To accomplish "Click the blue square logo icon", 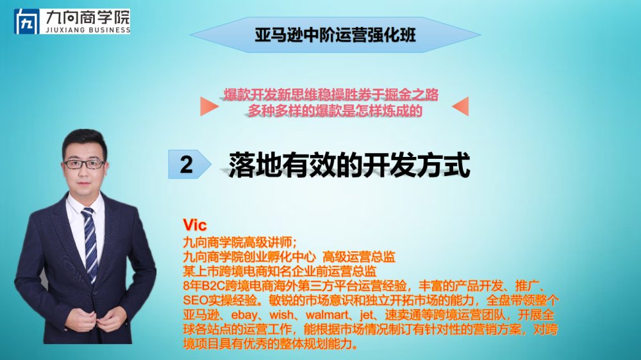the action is tap(27, 22).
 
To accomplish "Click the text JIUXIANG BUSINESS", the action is tap(88, 30).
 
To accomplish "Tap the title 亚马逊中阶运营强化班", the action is tap(335, 35).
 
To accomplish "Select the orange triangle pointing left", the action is tap(460, 106).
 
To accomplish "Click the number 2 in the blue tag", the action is tap(187, 164).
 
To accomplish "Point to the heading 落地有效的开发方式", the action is tap(349, 165).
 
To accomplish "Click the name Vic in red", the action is tap(195, 225).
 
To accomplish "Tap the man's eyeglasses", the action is tap(84, 164).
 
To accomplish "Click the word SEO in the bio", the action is tap(196, 300).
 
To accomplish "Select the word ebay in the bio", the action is tap(244, 315).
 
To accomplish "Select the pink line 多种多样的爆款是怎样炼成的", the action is tap(335, 111).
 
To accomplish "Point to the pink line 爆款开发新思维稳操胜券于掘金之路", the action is tap(331, 95).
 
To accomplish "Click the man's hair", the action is tap(85, 140).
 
